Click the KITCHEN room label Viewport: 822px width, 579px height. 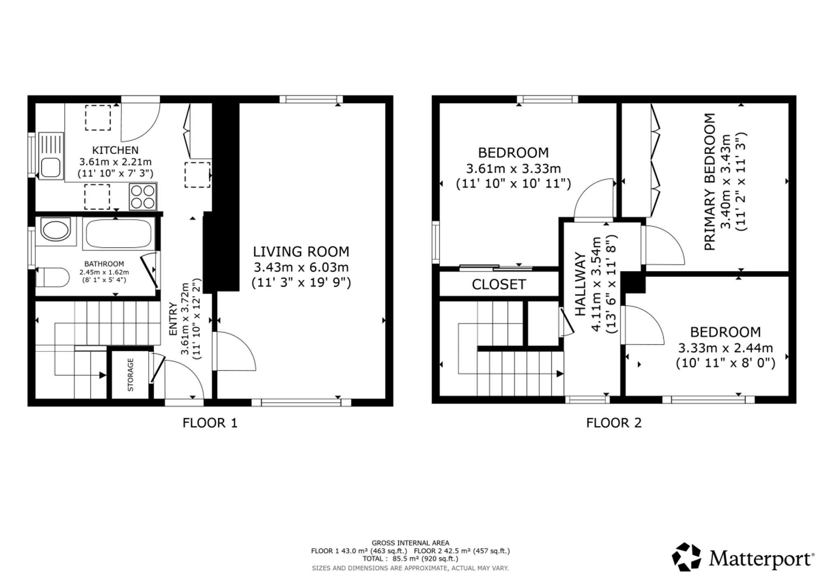click(115, 150)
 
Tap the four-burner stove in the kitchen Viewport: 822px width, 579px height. click(143, 196)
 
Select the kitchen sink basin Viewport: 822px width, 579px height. click(51, 168)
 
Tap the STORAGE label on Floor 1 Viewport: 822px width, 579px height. click(131, 375)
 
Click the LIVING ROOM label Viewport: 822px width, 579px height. click(301, 251)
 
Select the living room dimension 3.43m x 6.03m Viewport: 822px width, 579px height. click(301, 268)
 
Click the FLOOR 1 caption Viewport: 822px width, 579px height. click(210, 423)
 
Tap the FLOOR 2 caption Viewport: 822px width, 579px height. click(614, 423)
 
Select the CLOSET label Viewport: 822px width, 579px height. click(499, 284)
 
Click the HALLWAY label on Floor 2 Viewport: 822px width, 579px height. click(580, 284)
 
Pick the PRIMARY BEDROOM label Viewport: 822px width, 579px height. click(710, 182)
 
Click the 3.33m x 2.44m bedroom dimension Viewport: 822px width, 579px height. click(725, 348)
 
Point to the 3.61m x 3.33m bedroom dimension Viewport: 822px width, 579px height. click(513, 168)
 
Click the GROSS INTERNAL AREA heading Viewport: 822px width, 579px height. click(410, 543)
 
